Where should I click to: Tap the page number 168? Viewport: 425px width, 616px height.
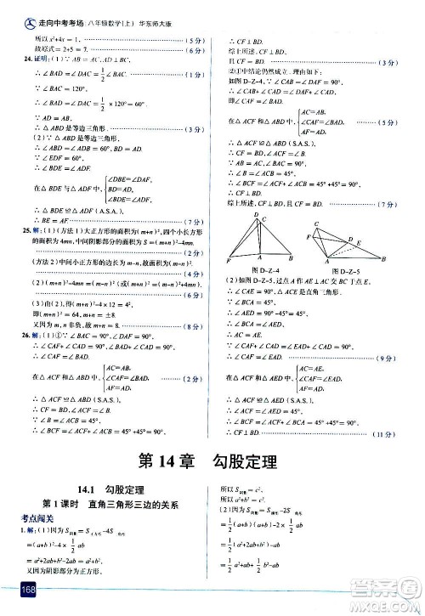(18, 591)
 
